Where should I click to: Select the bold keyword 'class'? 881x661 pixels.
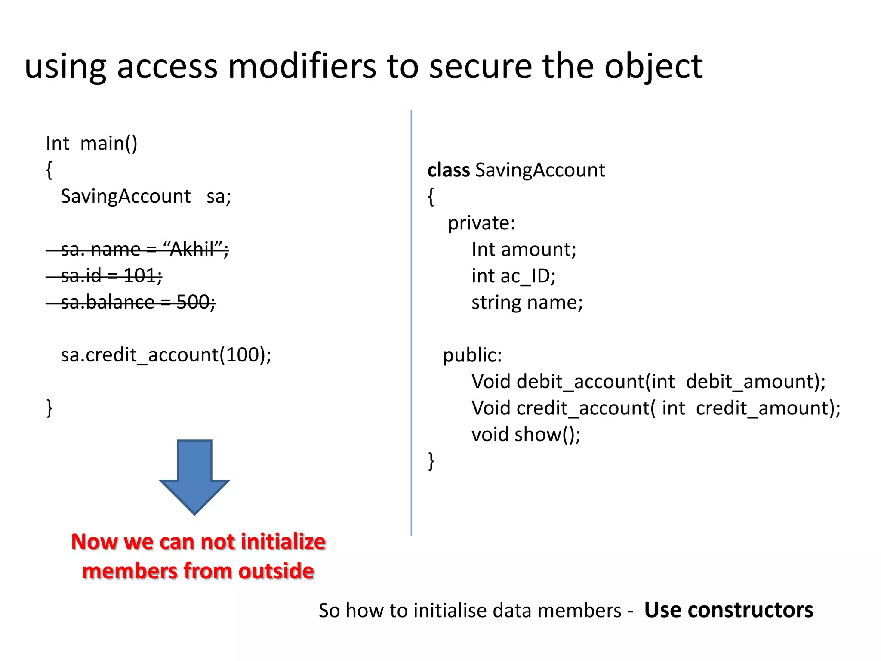pos(448,170)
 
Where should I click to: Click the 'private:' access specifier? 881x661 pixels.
pos(481,223)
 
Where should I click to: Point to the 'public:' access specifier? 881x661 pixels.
pos(472,355)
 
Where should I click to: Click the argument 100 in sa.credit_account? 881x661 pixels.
pos(242,355)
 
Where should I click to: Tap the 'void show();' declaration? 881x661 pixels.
pos(526,435)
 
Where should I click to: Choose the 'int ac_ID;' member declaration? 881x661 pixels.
pos(513,276)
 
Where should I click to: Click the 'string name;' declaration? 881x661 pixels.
pos(527,303)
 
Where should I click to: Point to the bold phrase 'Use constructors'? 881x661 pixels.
pos(728,610)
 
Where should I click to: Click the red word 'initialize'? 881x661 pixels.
pos(283,541)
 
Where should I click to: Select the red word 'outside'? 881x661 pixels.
pos(276,571)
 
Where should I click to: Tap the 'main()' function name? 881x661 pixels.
pos(108,143)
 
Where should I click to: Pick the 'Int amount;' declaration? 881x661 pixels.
pos(524,250)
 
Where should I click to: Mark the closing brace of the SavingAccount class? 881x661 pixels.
pos(431,461)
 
